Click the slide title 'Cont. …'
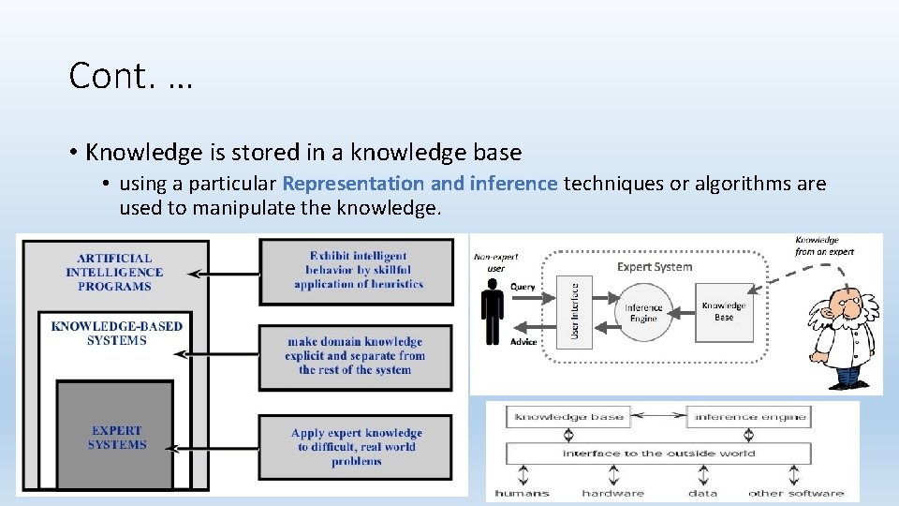pyautogui.click(x=130, y=76)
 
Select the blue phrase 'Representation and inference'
pyautogui.click(x=420, y=184)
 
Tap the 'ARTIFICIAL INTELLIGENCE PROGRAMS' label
pyautogui.click(x=114, y=272)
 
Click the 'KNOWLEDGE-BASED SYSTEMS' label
pyautogui.click(x=116, y=334)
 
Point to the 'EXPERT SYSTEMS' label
pyautogui.click(x=117, y=438)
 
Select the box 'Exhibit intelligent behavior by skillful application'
pyautogui.click(x=357, y=271)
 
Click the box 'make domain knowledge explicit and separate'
pyautogui.click(x=356, y=356)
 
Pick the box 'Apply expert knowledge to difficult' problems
pyautogui.click(x=356, y=447)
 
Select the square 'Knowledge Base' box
pyautogui.click(x=723, y=311)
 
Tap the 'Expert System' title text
pyautogui.click(x=655, y=267)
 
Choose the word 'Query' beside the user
pyautogui.click(x=523, y=287)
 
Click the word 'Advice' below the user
pyautogui.click(x=523, y=342)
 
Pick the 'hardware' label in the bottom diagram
pyautogui.click(x=612, y=493)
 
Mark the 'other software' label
pyautogui.click(x=795, y=493)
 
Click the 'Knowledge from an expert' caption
pyautogui.click(x=824, y=246)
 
